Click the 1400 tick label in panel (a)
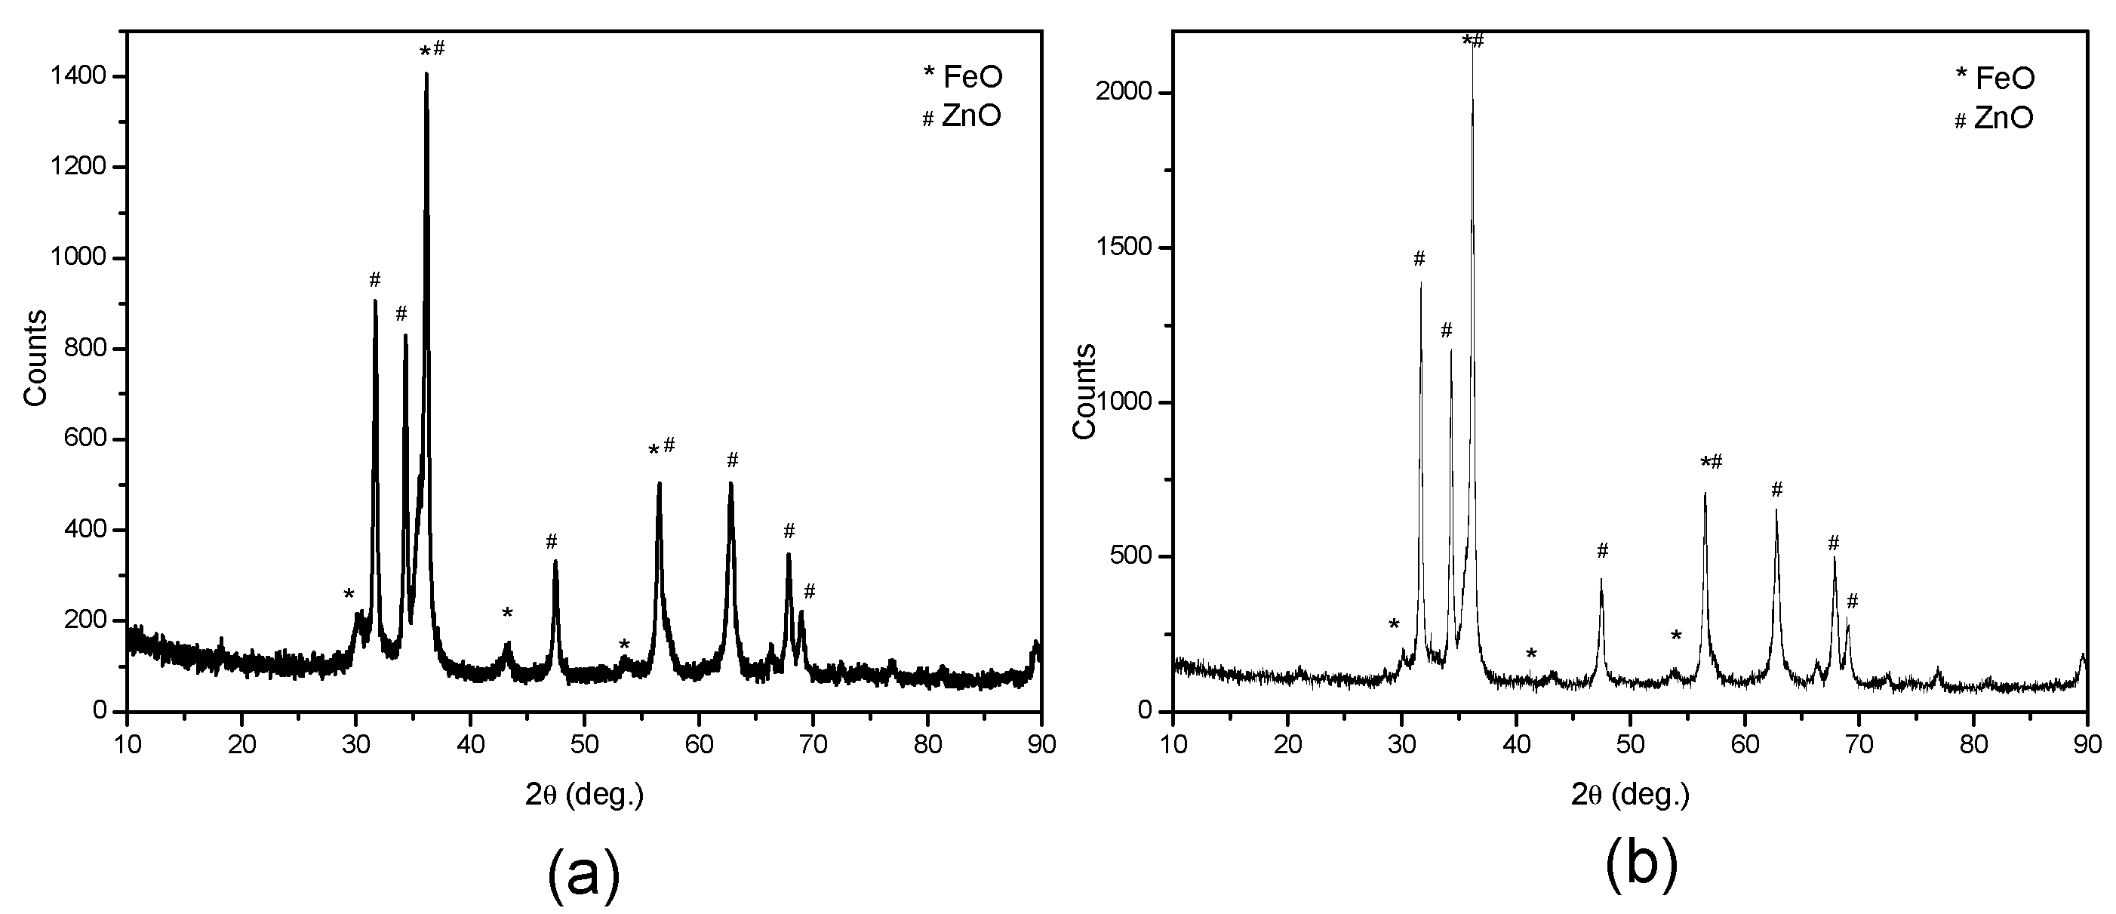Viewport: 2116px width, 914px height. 78,77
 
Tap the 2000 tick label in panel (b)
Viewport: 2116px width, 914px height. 1122,93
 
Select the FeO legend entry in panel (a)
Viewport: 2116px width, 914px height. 963,76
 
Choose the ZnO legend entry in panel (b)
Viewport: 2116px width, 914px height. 1993,118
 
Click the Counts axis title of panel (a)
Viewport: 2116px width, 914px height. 35,358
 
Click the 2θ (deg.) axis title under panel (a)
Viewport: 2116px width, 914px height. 584,794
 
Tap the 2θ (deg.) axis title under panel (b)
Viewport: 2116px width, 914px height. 1630,794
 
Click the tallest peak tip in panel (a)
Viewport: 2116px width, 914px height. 426,73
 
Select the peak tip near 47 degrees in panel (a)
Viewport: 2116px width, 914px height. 555,561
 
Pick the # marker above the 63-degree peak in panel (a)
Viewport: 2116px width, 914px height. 733,460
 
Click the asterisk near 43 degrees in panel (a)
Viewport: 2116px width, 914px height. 508,614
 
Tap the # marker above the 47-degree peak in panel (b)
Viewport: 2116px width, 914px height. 1602,550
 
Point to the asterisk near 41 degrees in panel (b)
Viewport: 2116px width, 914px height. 1531,654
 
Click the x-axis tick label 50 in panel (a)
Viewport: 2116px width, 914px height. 584,745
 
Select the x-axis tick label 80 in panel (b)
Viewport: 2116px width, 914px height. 1973,745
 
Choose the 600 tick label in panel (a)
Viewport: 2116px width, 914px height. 85,439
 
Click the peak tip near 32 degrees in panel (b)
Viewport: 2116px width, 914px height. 1420,282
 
